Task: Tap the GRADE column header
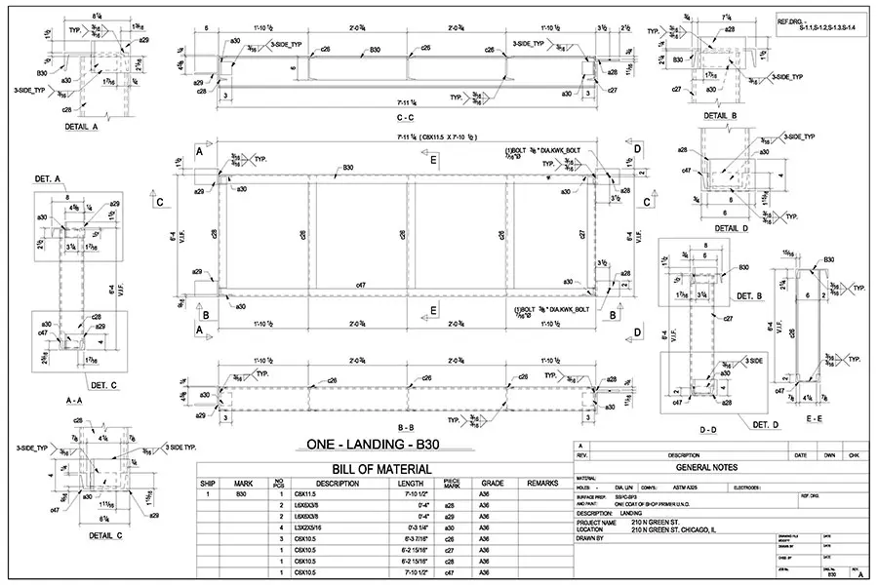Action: click(492, 483)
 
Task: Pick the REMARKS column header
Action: click(542, 483)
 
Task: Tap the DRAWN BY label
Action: click(590, 537)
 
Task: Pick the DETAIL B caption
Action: click(719, 115)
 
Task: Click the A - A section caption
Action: click(70, 401)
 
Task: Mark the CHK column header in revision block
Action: click(853, 455)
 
